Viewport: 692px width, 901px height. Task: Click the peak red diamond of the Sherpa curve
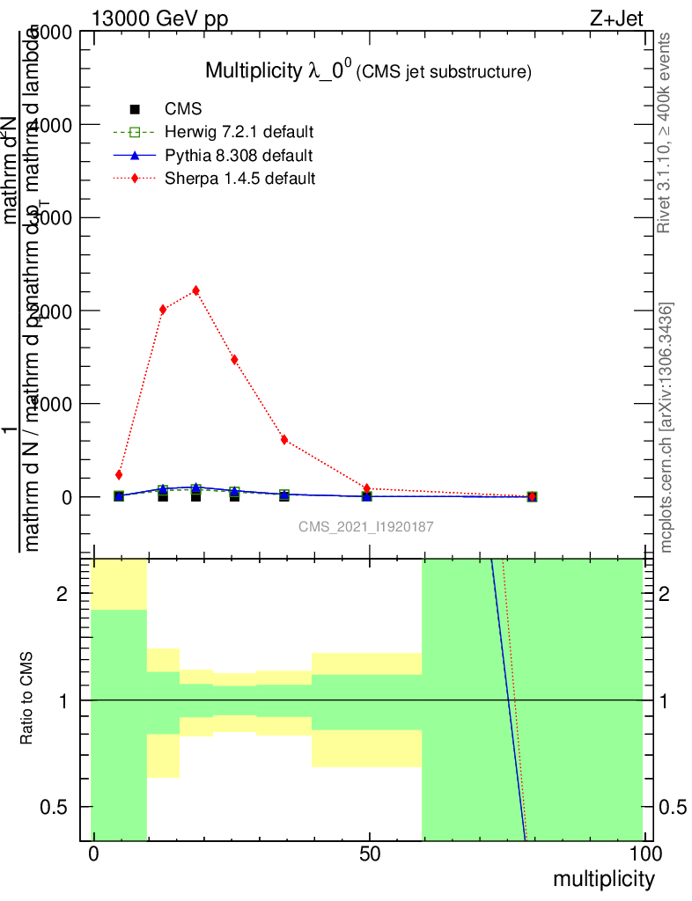point(195,290)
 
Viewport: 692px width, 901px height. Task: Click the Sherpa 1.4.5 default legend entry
point(239,179)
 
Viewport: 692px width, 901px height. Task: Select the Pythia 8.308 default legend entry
point(239,156)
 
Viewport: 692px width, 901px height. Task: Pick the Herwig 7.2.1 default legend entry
point(239,133)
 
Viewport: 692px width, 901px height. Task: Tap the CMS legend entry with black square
point(183,109)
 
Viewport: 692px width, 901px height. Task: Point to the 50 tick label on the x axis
point(370,854)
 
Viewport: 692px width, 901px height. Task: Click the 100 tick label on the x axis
point(644,854)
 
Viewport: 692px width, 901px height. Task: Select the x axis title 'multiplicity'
point(603,879)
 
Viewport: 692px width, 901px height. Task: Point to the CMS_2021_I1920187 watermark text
point(366,526)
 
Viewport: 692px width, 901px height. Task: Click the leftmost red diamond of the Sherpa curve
point(119,475)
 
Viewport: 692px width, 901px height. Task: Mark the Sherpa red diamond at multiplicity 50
point(367,488)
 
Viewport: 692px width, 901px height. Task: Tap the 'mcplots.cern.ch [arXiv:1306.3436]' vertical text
point(666,428)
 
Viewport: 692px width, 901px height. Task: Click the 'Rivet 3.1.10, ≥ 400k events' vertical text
point(665,134)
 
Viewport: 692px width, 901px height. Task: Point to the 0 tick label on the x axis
point(92,854)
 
